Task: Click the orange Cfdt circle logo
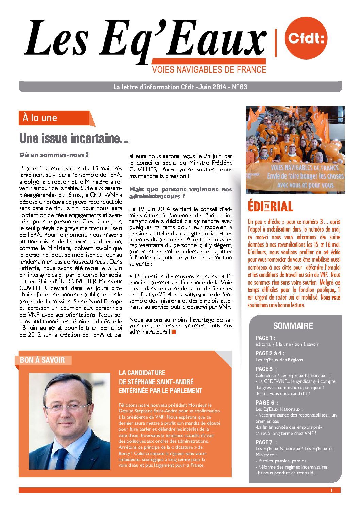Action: (x=306, y=38)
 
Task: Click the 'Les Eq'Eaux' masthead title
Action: (x=145, y=39)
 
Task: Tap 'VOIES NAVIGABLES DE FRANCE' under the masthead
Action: (x=209, y=70)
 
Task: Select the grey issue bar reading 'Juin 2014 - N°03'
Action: (x=180, y=87)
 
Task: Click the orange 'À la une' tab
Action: (x=54, y=118)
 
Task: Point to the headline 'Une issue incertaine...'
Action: (x=74, y=139)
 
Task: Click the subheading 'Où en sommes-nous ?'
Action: (x=54, y=155)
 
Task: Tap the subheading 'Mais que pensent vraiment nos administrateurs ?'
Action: (x=180, y=193)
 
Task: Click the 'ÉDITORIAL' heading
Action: (x=271, y=206)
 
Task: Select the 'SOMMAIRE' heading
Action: (x=293, y=326)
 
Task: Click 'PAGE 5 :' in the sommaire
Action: (x=266, y=369)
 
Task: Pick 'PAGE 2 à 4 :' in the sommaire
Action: (x=270, y=353)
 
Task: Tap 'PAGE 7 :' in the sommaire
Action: (x=266, y=442)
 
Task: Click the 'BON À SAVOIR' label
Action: (x=43, y=360)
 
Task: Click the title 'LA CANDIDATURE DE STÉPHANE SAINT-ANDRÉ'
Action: (x=160, y=381)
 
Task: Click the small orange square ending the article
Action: (x=174, y=332)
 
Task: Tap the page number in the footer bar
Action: (x=331, y=490)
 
